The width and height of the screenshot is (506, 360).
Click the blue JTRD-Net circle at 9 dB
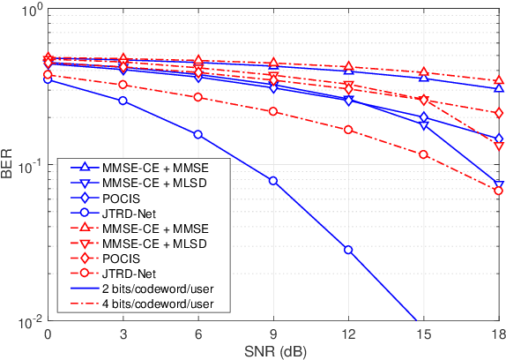273,181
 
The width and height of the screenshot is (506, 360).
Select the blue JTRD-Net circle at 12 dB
348,250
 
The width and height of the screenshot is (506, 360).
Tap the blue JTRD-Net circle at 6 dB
197,135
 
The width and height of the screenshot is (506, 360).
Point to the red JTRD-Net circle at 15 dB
424,154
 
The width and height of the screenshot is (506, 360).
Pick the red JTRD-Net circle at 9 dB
273,111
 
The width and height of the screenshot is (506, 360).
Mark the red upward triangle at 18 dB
499,80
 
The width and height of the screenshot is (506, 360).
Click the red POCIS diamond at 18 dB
499,113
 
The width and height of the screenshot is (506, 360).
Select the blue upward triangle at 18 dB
499,88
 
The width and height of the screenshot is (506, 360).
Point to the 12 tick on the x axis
348,335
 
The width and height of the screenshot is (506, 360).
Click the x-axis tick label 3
123,335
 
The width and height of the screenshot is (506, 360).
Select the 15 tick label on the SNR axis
424,335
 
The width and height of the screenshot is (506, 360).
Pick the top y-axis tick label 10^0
28,11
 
